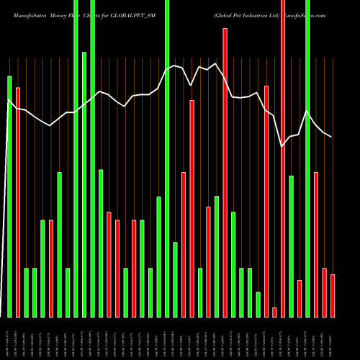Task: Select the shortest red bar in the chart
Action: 274,312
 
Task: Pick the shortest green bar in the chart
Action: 258,304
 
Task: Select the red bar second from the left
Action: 51,268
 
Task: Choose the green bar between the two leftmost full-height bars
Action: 84,184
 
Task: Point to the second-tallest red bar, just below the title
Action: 225,173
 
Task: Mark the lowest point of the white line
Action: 283,146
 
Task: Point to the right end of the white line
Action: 332,137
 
